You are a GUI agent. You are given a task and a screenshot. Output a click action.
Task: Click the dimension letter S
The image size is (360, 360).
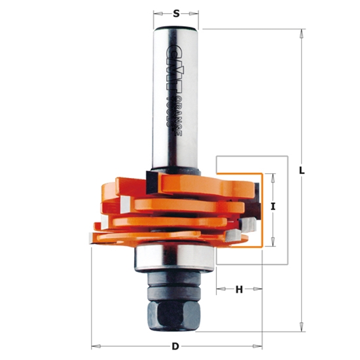[x=176, y=12]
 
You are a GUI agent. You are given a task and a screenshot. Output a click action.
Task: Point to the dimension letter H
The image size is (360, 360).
[x=240, y=289]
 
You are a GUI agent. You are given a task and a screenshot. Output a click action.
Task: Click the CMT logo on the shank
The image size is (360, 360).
[x=172, y=62]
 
